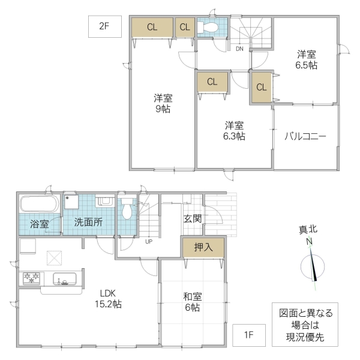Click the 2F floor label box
(x=106, y=26)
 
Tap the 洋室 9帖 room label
(x=161, y=103)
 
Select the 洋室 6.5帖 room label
(x=305, y=59)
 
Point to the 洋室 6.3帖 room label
(x=235, y=131)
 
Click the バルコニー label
(x=305, y=137)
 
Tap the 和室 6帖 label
(x=192, y=301)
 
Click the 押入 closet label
(x=203, y=247)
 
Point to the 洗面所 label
(x=88, y=222)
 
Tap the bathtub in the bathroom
(x=40, y=203)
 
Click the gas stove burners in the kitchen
(x=31, y=278)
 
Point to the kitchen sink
(x=64, y=279)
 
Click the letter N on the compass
(x=310, y=242)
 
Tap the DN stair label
(x=239, y=48)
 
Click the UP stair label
(x=148, y=242)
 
